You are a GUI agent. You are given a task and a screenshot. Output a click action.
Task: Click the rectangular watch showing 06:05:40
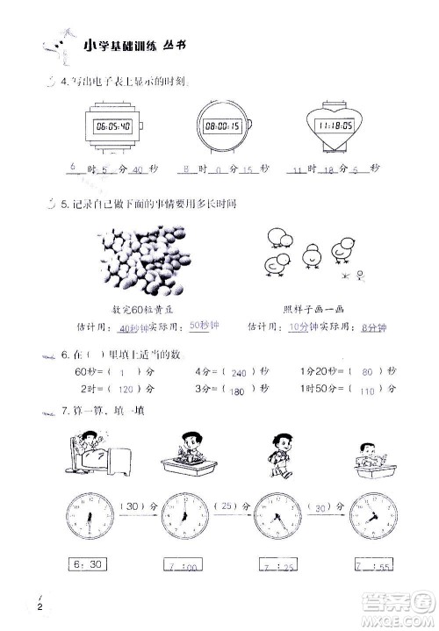tap(112, 126)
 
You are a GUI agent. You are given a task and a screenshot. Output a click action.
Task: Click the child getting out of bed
tap(92, 454)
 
